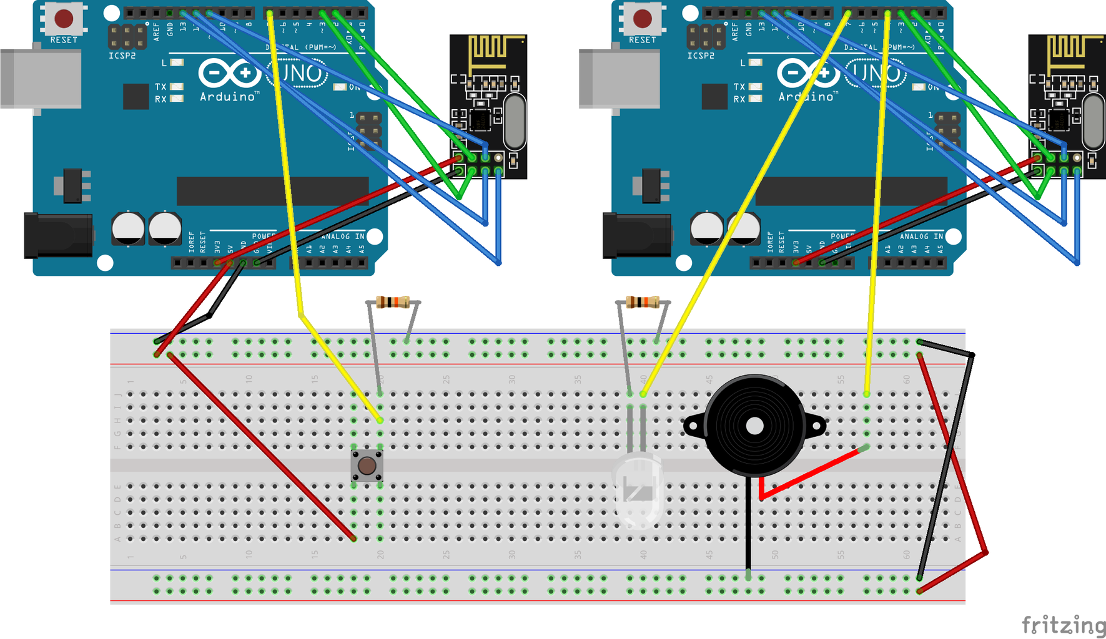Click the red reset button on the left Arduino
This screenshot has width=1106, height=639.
point(64,19)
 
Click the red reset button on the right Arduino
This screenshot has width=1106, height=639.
point(642,19)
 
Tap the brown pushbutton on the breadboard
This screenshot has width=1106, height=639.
point(367,466)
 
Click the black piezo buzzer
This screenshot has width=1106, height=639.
point(754,426)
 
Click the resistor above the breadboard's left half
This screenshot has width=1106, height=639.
point(393,303)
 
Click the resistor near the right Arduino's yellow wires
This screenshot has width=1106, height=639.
point(643,303)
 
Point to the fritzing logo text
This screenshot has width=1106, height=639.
point(1063,625)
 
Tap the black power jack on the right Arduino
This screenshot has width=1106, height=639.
point(636,235)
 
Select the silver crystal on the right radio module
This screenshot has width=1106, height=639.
point(1093,121)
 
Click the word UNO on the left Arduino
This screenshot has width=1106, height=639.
point(297,74)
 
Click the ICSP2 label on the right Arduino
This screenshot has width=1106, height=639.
point(701,56)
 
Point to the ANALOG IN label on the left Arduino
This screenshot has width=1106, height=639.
point(342,237)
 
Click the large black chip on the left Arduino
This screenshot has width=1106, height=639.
point(272,191)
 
